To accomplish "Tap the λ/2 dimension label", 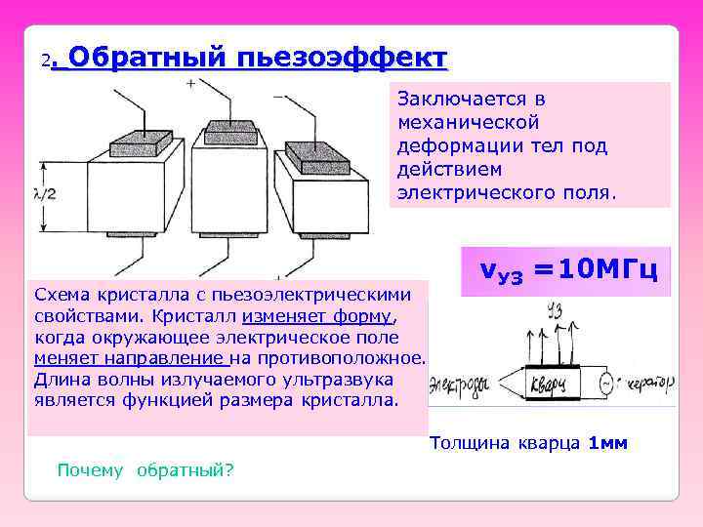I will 44,194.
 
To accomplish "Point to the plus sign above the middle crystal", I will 189,84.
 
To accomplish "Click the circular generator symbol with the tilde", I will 605,383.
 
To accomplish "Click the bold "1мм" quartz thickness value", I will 608,444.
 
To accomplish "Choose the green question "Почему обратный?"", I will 145,470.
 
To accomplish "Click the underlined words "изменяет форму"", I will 317,316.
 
